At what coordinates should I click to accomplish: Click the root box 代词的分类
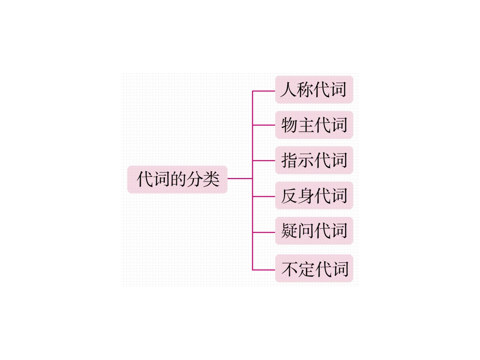click(177, 179)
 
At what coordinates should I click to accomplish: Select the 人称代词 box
click(314, 89)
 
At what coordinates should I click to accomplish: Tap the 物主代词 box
click(314, 125)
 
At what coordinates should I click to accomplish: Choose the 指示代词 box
click(314, 160)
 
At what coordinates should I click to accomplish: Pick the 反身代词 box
click(314, 196)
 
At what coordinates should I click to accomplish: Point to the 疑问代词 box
click(314, 231)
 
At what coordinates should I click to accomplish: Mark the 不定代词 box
click(314, 268)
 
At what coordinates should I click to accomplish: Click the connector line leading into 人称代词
click(264, 91)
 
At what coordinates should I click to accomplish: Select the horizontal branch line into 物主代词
click(264, 125)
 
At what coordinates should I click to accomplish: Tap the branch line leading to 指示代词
click(264, 161)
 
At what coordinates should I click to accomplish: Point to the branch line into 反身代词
click(264, 196)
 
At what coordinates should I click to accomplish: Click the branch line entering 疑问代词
click(264, 232)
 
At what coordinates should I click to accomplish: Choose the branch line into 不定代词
click(264, 270)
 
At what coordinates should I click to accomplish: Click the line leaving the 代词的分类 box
click(240, 178)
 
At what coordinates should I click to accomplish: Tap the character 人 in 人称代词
click(288, 89)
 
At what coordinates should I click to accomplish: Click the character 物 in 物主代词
click(289, 125)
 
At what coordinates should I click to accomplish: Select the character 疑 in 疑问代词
click(289, 231)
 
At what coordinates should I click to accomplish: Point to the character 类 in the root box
click(211, 179)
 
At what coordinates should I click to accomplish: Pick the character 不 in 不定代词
click(290, 269)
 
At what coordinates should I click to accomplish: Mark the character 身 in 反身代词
click(306, 196)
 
